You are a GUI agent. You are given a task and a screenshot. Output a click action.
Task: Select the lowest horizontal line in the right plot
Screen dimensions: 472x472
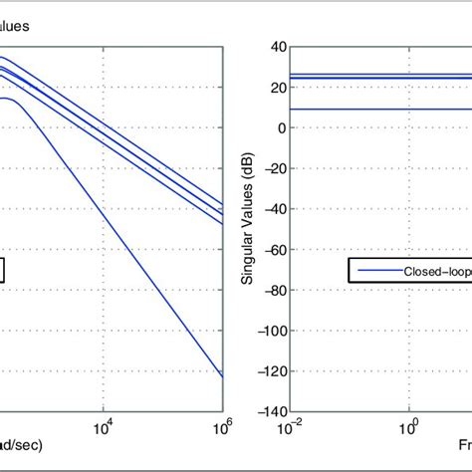click(378, 110)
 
